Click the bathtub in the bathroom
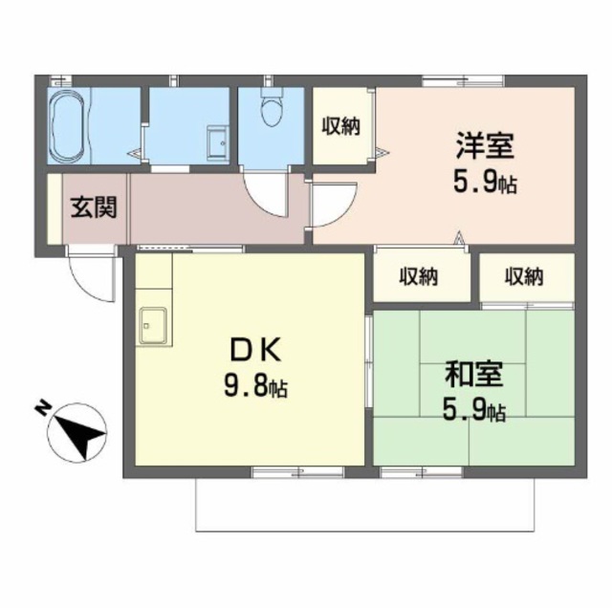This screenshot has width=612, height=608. point(68,126)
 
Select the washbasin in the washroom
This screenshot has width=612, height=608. point(218,142)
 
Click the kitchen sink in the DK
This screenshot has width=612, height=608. point(153,325)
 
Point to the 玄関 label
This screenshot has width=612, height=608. point(94,207)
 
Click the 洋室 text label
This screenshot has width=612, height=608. point(485,145)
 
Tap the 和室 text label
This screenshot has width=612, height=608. point(473,374)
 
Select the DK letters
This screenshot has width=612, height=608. point(255,350)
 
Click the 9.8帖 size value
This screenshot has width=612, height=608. point(255,385)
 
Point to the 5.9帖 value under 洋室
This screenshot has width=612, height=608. point(485,183)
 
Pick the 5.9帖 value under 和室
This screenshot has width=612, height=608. point(474,410)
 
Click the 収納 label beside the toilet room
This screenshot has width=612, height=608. point(340,126)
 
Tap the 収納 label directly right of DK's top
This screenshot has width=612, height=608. point(418,276)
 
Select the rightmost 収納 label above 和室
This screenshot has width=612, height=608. point(524,276)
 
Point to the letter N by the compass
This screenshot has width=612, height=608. point(43,408)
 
